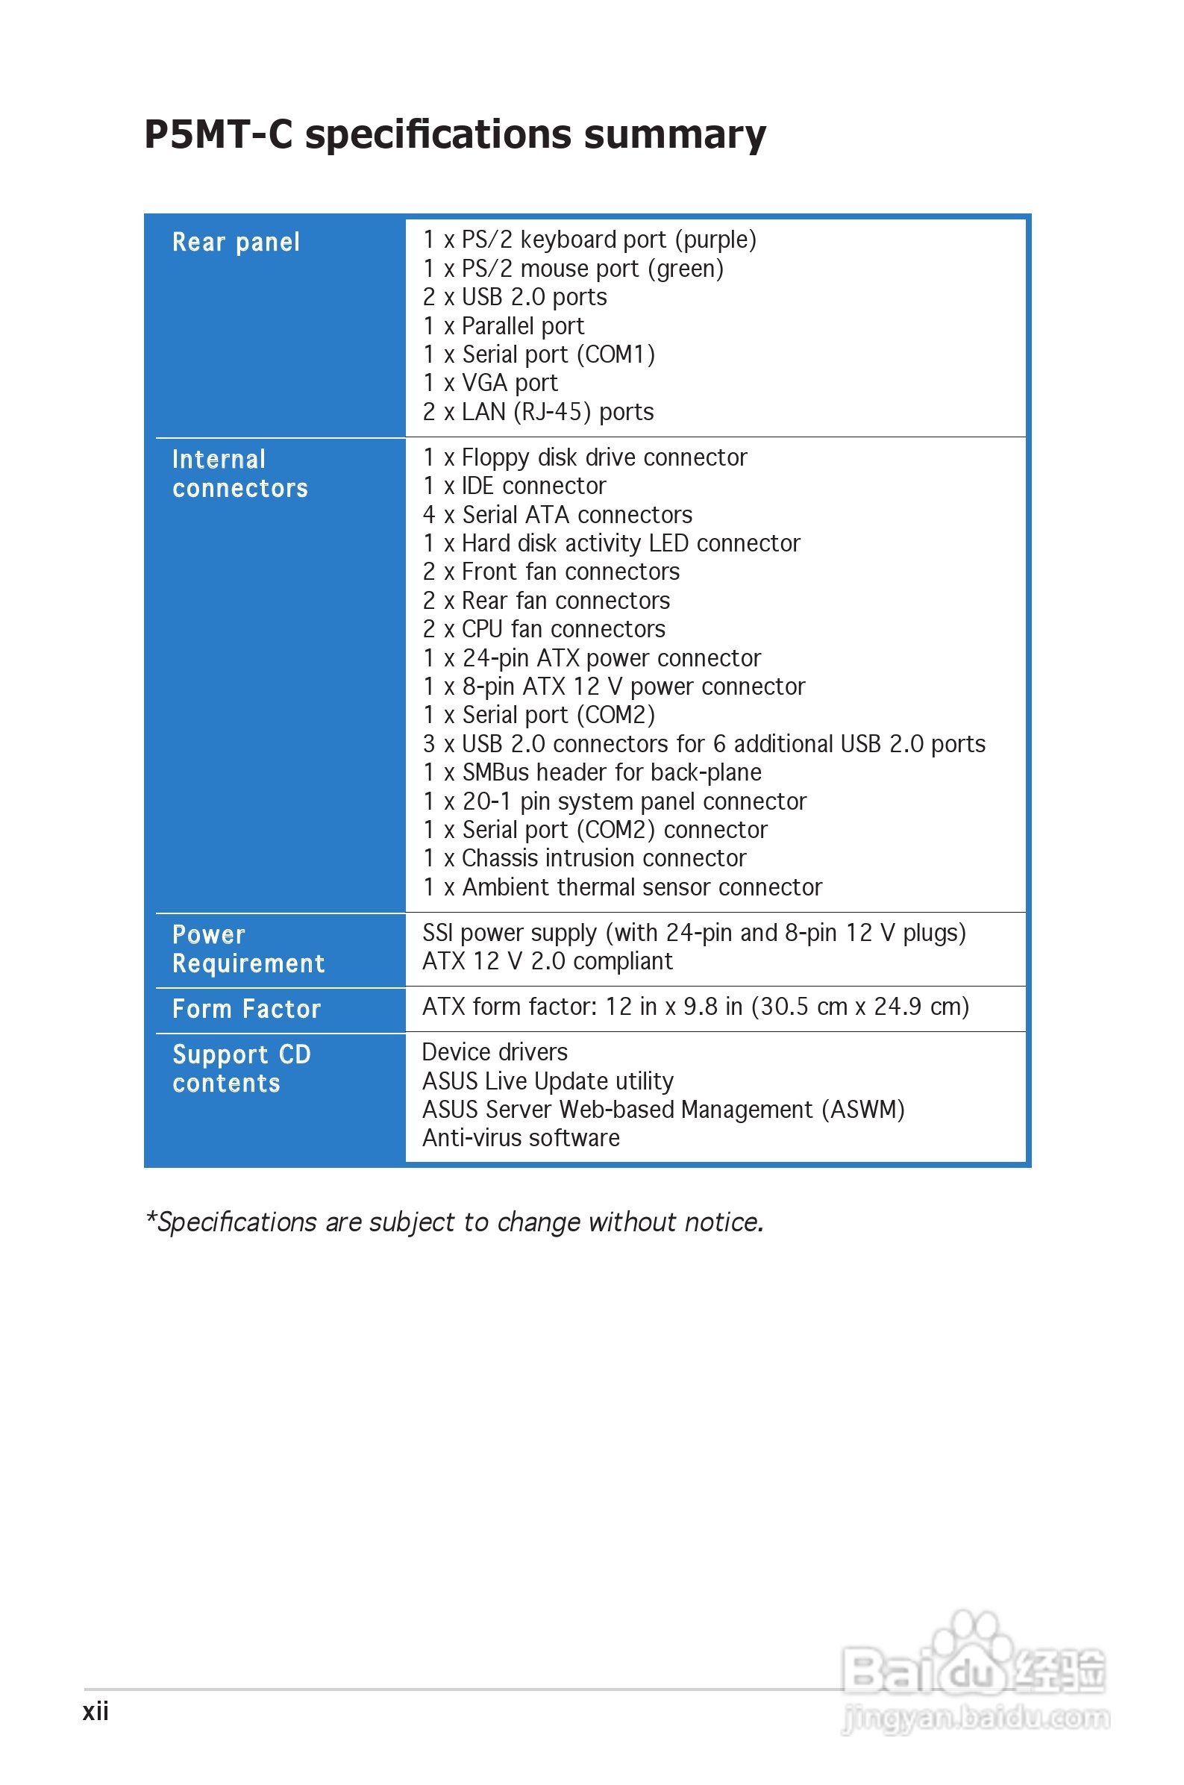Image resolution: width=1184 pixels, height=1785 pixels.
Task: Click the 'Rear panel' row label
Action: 236,243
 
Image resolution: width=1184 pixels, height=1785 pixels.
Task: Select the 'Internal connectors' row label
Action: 239,474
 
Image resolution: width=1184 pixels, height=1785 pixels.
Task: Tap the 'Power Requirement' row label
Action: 248,949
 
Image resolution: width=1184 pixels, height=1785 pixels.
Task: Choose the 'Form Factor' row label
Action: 246,1010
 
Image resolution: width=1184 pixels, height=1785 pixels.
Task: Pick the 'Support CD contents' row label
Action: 241,1069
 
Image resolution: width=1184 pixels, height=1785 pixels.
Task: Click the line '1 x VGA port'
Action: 490,384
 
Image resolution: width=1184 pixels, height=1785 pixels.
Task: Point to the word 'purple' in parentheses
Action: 715,240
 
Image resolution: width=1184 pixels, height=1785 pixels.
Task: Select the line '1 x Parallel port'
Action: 503,326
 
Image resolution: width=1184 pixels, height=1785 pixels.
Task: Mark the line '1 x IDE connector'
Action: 514,487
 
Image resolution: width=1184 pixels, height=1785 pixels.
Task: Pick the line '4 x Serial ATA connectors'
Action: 557,515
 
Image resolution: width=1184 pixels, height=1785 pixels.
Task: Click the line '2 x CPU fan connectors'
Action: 544,629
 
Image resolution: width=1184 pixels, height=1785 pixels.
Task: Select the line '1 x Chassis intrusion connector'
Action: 583,858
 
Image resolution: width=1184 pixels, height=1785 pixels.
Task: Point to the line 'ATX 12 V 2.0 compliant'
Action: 547,962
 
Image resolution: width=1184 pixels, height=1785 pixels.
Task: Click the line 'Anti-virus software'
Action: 520,1139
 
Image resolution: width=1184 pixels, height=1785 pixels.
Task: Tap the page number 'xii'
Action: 96,1711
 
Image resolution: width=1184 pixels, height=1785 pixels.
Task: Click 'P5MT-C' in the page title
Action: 219,135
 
